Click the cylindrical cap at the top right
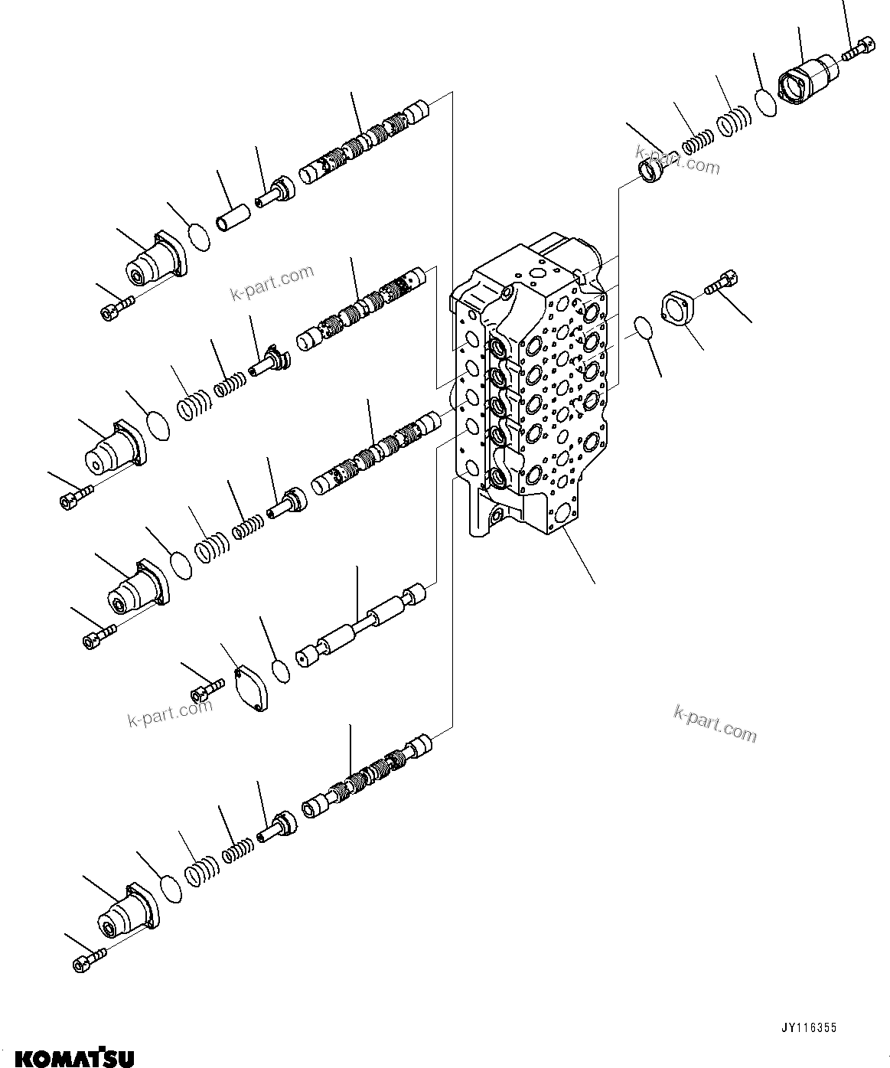pos(807,80)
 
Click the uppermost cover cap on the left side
pos(157,261)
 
